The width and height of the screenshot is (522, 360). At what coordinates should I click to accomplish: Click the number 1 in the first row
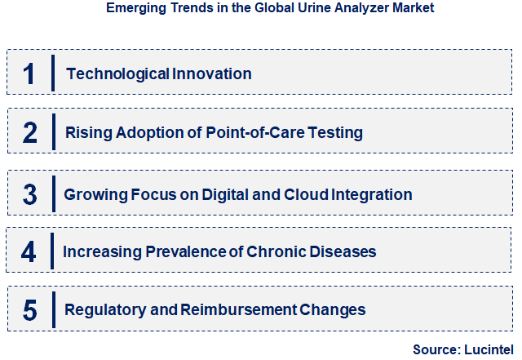pyautogui.click(x=29, y=74)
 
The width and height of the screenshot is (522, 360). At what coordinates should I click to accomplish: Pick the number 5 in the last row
pyautogui.click(x=29, y=310)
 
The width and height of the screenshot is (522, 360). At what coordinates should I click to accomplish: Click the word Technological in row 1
pyautogui.click(x=117, y=74)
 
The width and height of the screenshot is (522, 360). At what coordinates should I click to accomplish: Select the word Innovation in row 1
pyautogui.click(x=212, y=74)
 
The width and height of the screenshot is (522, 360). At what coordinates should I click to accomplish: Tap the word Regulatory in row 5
pyautogui.click(x=102, y=310)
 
